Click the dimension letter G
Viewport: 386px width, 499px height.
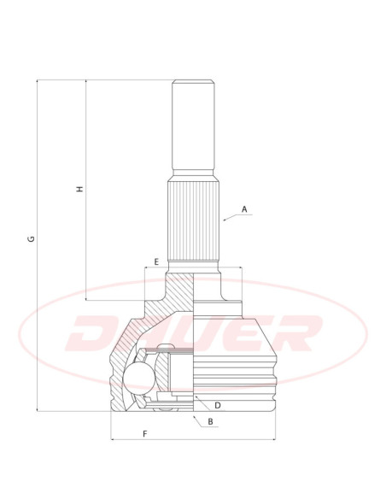[32, 238]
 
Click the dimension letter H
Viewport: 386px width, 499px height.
[80, 188]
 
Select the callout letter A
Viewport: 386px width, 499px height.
[244, 209]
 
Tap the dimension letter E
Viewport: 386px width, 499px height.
[156, 262]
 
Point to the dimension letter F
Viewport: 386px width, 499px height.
[145, 434]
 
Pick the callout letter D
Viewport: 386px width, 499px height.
[218, 405]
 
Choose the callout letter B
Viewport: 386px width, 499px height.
[210, 421]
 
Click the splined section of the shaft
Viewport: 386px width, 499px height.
[194, 220]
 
